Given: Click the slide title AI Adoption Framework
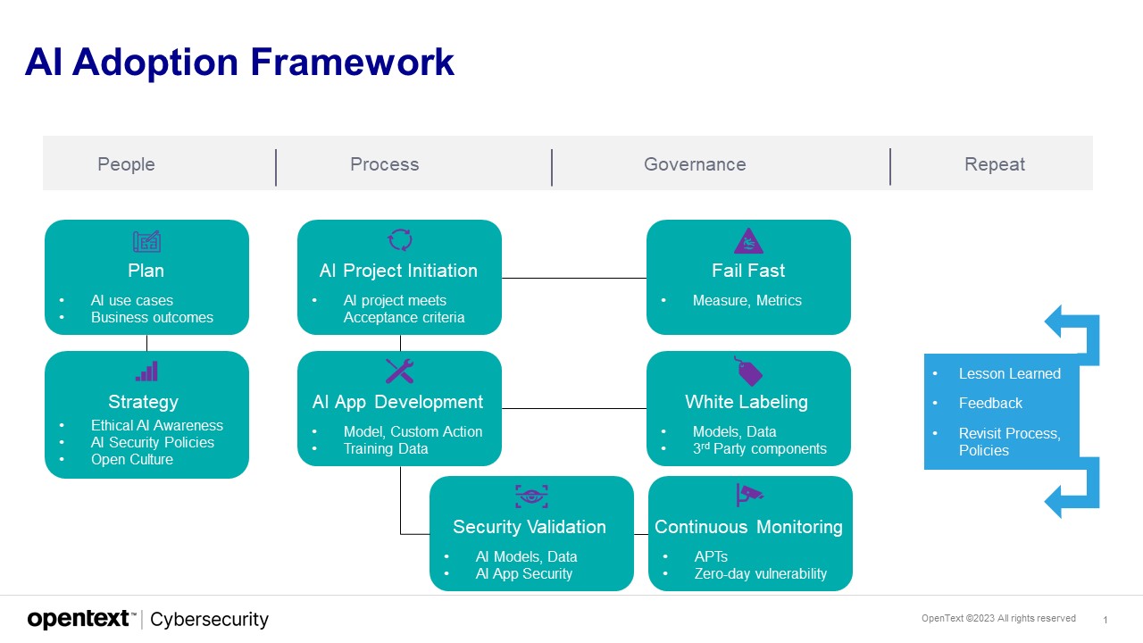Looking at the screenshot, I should [x=239, y=63].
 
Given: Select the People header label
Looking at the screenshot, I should [x=126, y=164].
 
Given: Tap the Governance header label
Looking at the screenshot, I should [x=695, y=164].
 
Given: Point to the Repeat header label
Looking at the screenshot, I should [x=994, y=164].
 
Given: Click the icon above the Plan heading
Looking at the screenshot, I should [x=146, y=241].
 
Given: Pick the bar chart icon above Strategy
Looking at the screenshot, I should [x=146, y=372].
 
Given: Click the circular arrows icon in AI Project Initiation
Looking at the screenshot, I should [x=399, y=240].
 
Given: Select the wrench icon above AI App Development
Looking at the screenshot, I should [x=399, y=372].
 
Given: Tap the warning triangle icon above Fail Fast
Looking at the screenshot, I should [x=748, y=241].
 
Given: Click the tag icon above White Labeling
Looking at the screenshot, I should [x=748, y=372].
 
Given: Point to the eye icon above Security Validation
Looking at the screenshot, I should [x=531, y=497].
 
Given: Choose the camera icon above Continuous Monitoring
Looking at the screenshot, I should [x=749, y=496].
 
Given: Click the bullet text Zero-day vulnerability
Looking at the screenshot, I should [x=760, y=573].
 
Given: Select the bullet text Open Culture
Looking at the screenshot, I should [x=132, y=459].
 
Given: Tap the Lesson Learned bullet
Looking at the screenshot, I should [x=1009, y=373].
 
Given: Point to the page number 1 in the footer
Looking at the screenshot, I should [x=1105, y=620].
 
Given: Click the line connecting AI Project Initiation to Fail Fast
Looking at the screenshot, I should [x=573, y=278].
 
